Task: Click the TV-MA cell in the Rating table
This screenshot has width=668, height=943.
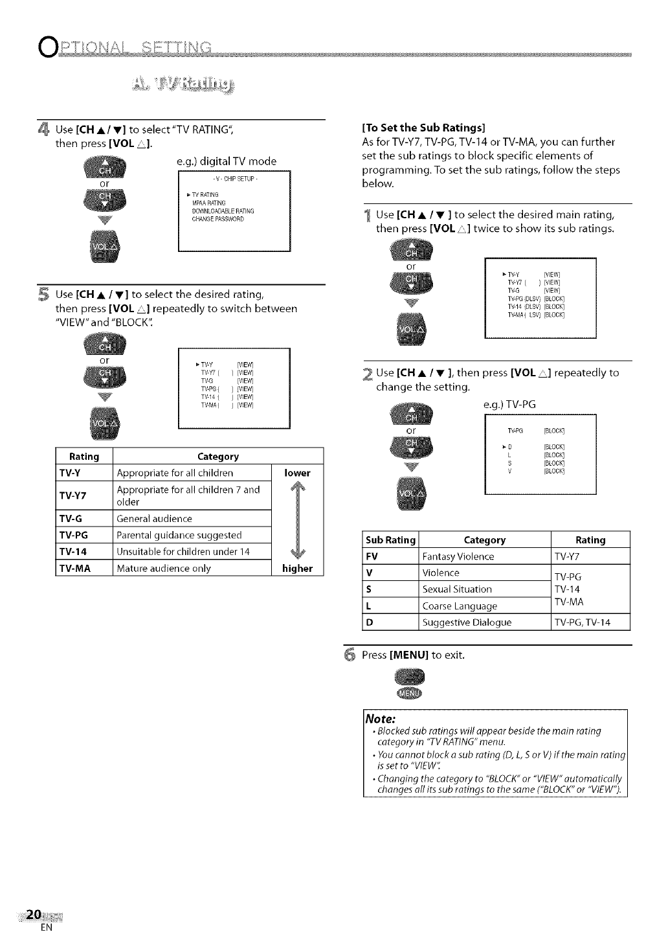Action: pos(75,569)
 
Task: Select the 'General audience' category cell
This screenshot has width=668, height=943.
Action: pos(154,519)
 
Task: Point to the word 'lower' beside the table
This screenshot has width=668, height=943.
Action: pos(297,473)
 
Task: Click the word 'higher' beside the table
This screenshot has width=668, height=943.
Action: pos(297,569)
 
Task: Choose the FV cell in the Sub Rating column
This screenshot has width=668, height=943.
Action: pos(372,556)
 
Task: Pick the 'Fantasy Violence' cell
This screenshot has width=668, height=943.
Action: pos(458,556)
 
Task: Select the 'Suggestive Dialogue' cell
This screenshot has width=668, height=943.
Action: pos(467,622)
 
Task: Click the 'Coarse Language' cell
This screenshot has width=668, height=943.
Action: pos(460,606)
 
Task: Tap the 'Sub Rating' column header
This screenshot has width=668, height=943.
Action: pos(390,540)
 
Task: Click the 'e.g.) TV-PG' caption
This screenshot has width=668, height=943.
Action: pos(509,405)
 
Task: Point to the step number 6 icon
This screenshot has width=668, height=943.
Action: pos(349,655)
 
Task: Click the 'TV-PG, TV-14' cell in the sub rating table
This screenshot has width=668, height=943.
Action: pos(583,622)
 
